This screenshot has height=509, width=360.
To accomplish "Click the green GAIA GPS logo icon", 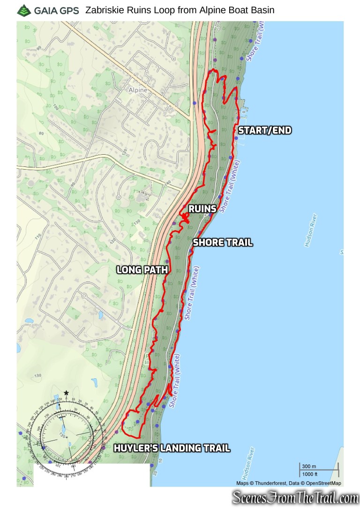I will click(22, 10).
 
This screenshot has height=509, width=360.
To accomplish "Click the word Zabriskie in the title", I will click(102, 10).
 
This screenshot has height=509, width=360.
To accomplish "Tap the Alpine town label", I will click(138, 90).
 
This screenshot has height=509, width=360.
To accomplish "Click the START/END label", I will click(265, 131).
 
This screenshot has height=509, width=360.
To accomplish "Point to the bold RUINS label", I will click(202, 209).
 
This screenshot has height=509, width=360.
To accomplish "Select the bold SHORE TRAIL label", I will click(223, 243).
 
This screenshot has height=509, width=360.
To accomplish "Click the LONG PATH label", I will click(142, 269).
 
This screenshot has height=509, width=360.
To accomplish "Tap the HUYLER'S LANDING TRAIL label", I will click(172, 449).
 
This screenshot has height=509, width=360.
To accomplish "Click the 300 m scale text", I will click(310, 466).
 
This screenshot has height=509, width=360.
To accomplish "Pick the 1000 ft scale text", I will click(310, 474).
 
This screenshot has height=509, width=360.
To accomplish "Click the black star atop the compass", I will click(67, 393).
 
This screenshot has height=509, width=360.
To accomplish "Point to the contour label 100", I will click(56, 107).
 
